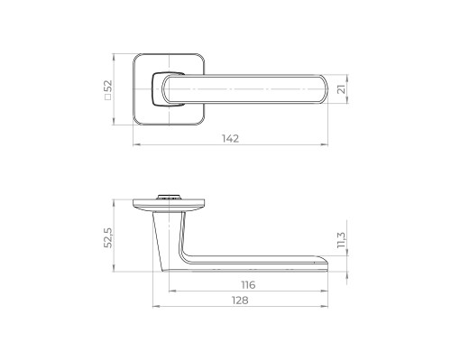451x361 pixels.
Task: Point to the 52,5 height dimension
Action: coord(107,237)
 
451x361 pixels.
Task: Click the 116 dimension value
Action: coord(248,284)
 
